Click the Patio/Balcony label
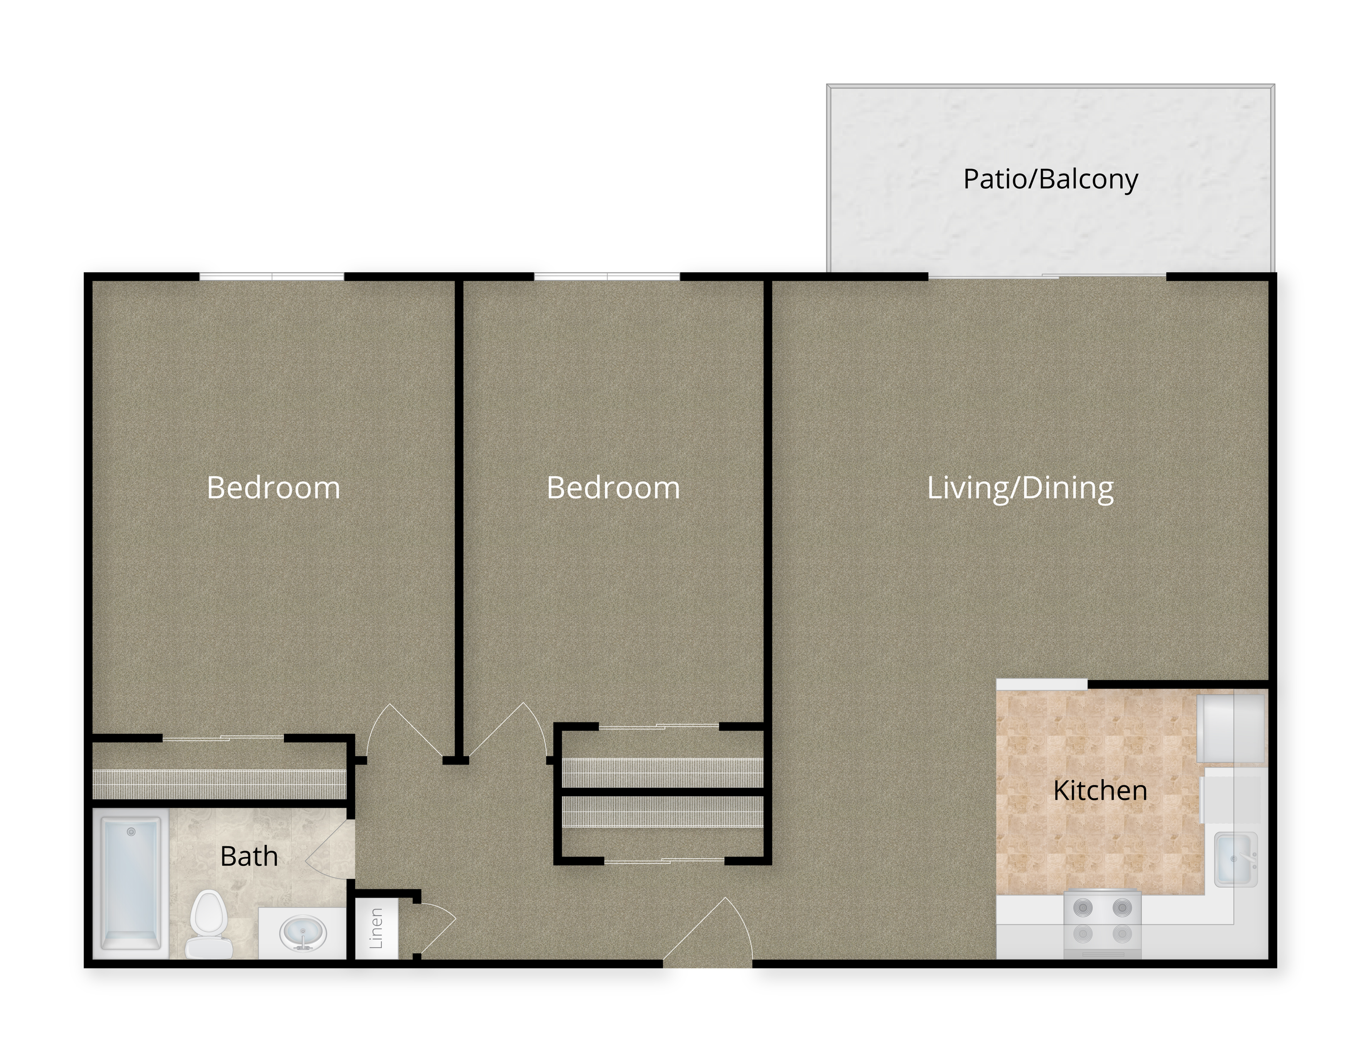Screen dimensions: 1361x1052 click(1051, 180)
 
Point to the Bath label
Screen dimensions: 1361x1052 click(249, 856)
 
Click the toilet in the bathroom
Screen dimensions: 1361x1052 click(209, 924)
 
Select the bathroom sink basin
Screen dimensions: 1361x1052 click(303, 933)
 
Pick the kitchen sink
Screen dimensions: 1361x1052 click(1236, 859)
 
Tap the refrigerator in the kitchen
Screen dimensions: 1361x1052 click(1232, 728)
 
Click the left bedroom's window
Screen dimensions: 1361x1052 click(272, 276)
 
